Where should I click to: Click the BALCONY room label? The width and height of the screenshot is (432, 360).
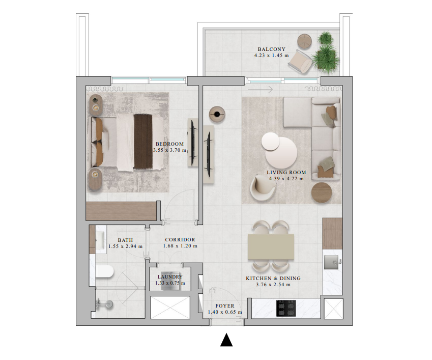point(271,49)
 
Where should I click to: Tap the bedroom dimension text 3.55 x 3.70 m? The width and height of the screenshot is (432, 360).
point(170,150)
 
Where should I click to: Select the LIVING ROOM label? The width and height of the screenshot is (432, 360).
point(286,173)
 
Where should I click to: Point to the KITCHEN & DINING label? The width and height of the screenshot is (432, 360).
point(273,279)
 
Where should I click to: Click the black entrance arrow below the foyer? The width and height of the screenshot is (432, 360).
point(226,340)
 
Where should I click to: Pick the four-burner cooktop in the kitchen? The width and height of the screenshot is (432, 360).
point(286,308)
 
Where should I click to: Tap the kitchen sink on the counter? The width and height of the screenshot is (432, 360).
point(331,262)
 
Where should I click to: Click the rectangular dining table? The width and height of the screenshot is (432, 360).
point(271,247)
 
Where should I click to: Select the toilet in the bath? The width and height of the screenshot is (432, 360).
point(104,271)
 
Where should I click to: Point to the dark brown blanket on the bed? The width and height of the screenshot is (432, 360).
point(143,141)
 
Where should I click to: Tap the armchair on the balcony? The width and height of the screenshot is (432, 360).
point(300,62)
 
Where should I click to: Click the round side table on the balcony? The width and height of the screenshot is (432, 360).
point(304,41)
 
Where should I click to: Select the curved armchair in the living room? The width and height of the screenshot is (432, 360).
point(263,188)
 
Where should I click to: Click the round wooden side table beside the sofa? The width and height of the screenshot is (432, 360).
point(322,192)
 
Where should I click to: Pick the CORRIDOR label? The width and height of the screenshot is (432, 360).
point(180,240)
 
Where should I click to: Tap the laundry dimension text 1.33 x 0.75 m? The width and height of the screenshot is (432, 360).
point(170,283)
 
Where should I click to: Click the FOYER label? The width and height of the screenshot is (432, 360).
point(225,306)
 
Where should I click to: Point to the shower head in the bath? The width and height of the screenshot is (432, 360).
point(109,304)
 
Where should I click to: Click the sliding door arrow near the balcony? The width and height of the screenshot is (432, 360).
point(261,90)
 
